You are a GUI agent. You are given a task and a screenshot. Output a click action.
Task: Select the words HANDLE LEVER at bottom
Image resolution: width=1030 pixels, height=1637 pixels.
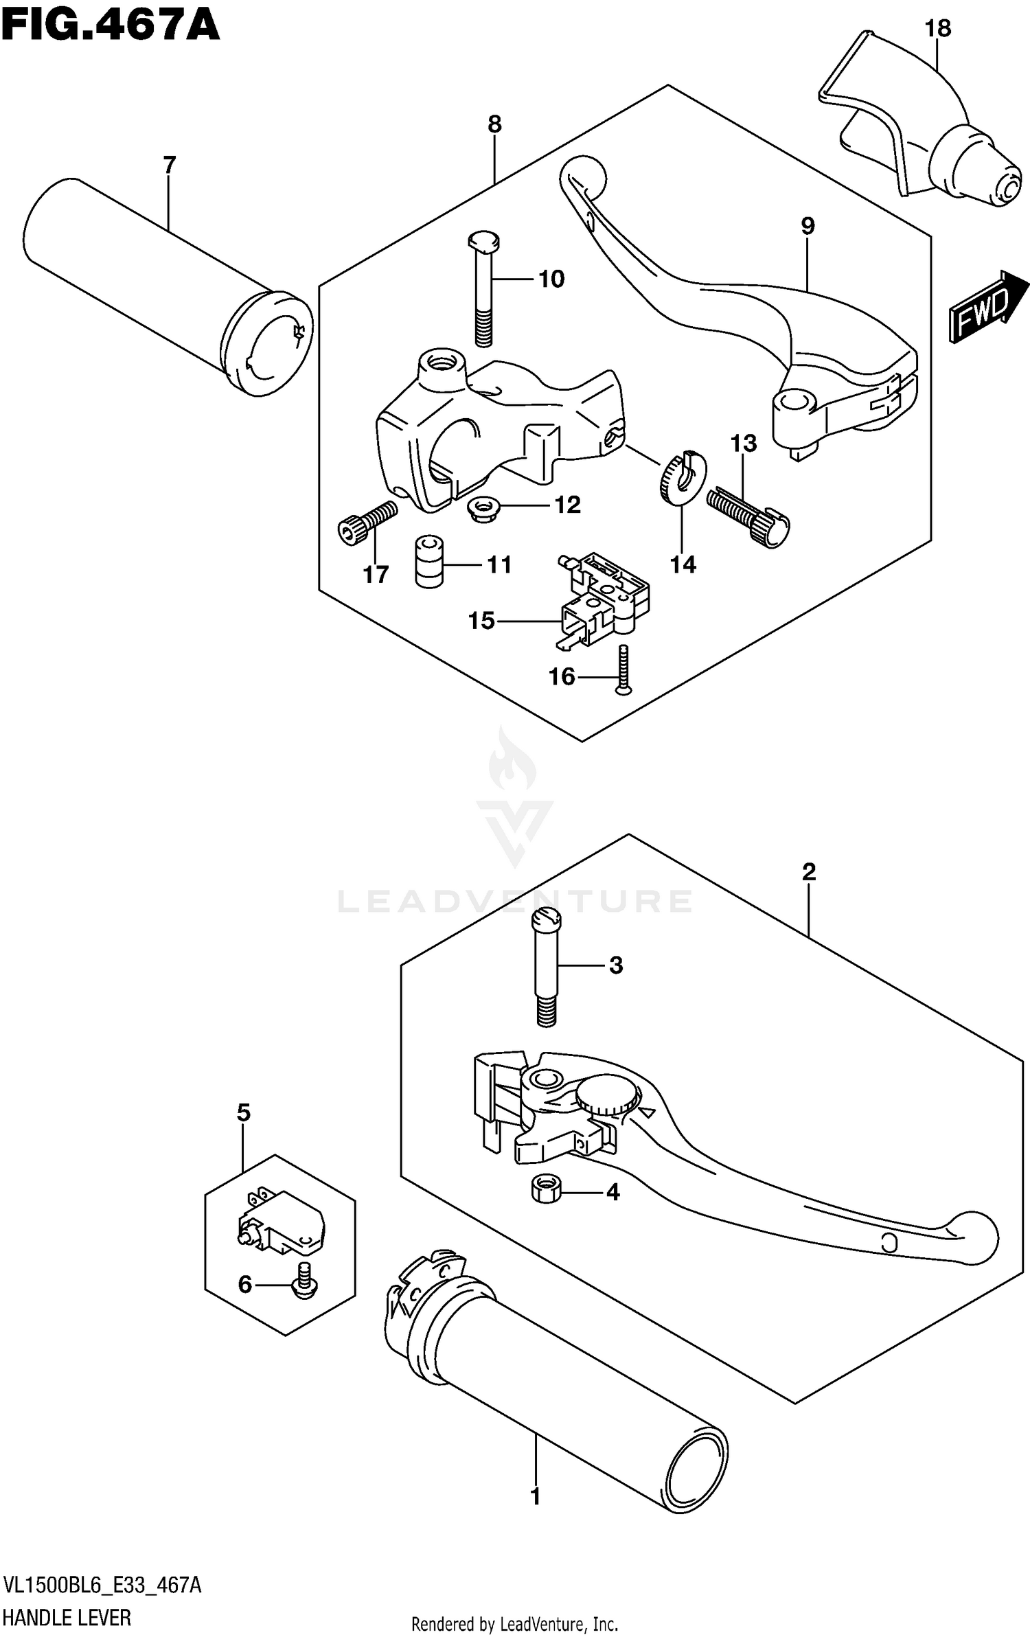point(67,1613)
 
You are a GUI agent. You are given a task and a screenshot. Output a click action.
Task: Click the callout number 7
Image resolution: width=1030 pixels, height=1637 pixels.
point(169,165)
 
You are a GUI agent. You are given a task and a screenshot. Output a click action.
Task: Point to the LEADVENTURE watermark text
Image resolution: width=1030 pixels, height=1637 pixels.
point(515,901)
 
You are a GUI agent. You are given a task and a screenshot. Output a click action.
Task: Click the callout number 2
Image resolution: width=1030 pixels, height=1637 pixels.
point(808,872)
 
